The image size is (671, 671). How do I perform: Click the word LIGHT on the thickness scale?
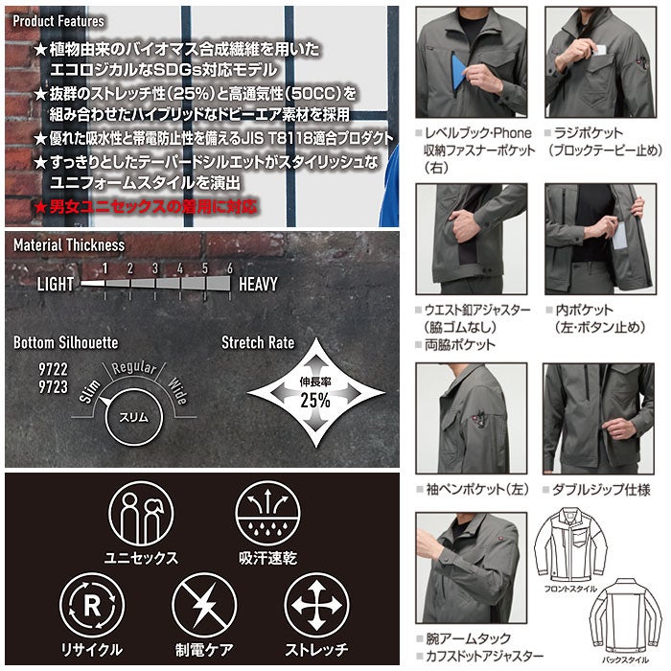pos(57,284)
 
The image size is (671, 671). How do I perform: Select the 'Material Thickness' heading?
pos(69,244)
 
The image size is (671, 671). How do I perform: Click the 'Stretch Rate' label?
pos(258,342)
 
